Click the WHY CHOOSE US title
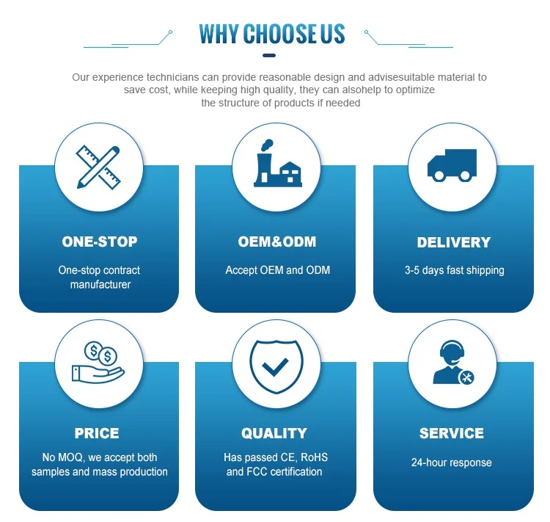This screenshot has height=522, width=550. point(271,34)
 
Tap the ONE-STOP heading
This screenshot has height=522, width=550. point(100,242)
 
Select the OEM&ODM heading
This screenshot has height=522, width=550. point(277,242)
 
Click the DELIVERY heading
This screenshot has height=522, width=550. point(454,242)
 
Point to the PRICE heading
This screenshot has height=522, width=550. point(97,433)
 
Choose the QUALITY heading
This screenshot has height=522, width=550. point(274,433)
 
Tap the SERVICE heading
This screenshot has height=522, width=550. point(452,433)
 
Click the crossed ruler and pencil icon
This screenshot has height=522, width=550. point(99,167)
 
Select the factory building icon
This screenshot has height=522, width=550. point(276,165)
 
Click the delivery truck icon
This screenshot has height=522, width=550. point(452,165)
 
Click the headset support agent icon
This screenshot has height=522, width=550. point(452,363)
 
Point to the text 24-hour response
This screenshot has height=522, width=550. point(452,463)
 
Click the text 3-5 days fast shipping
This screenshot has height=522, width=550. point(455,270)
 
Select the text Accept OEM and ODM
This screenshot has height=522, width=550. point(278,270)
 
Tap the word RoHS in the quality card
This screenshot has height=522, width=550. point(314,457)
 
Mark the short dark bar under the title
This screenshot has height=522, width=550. point(271,56)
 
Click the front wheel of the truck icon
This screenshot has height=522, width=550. point(439,175)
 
